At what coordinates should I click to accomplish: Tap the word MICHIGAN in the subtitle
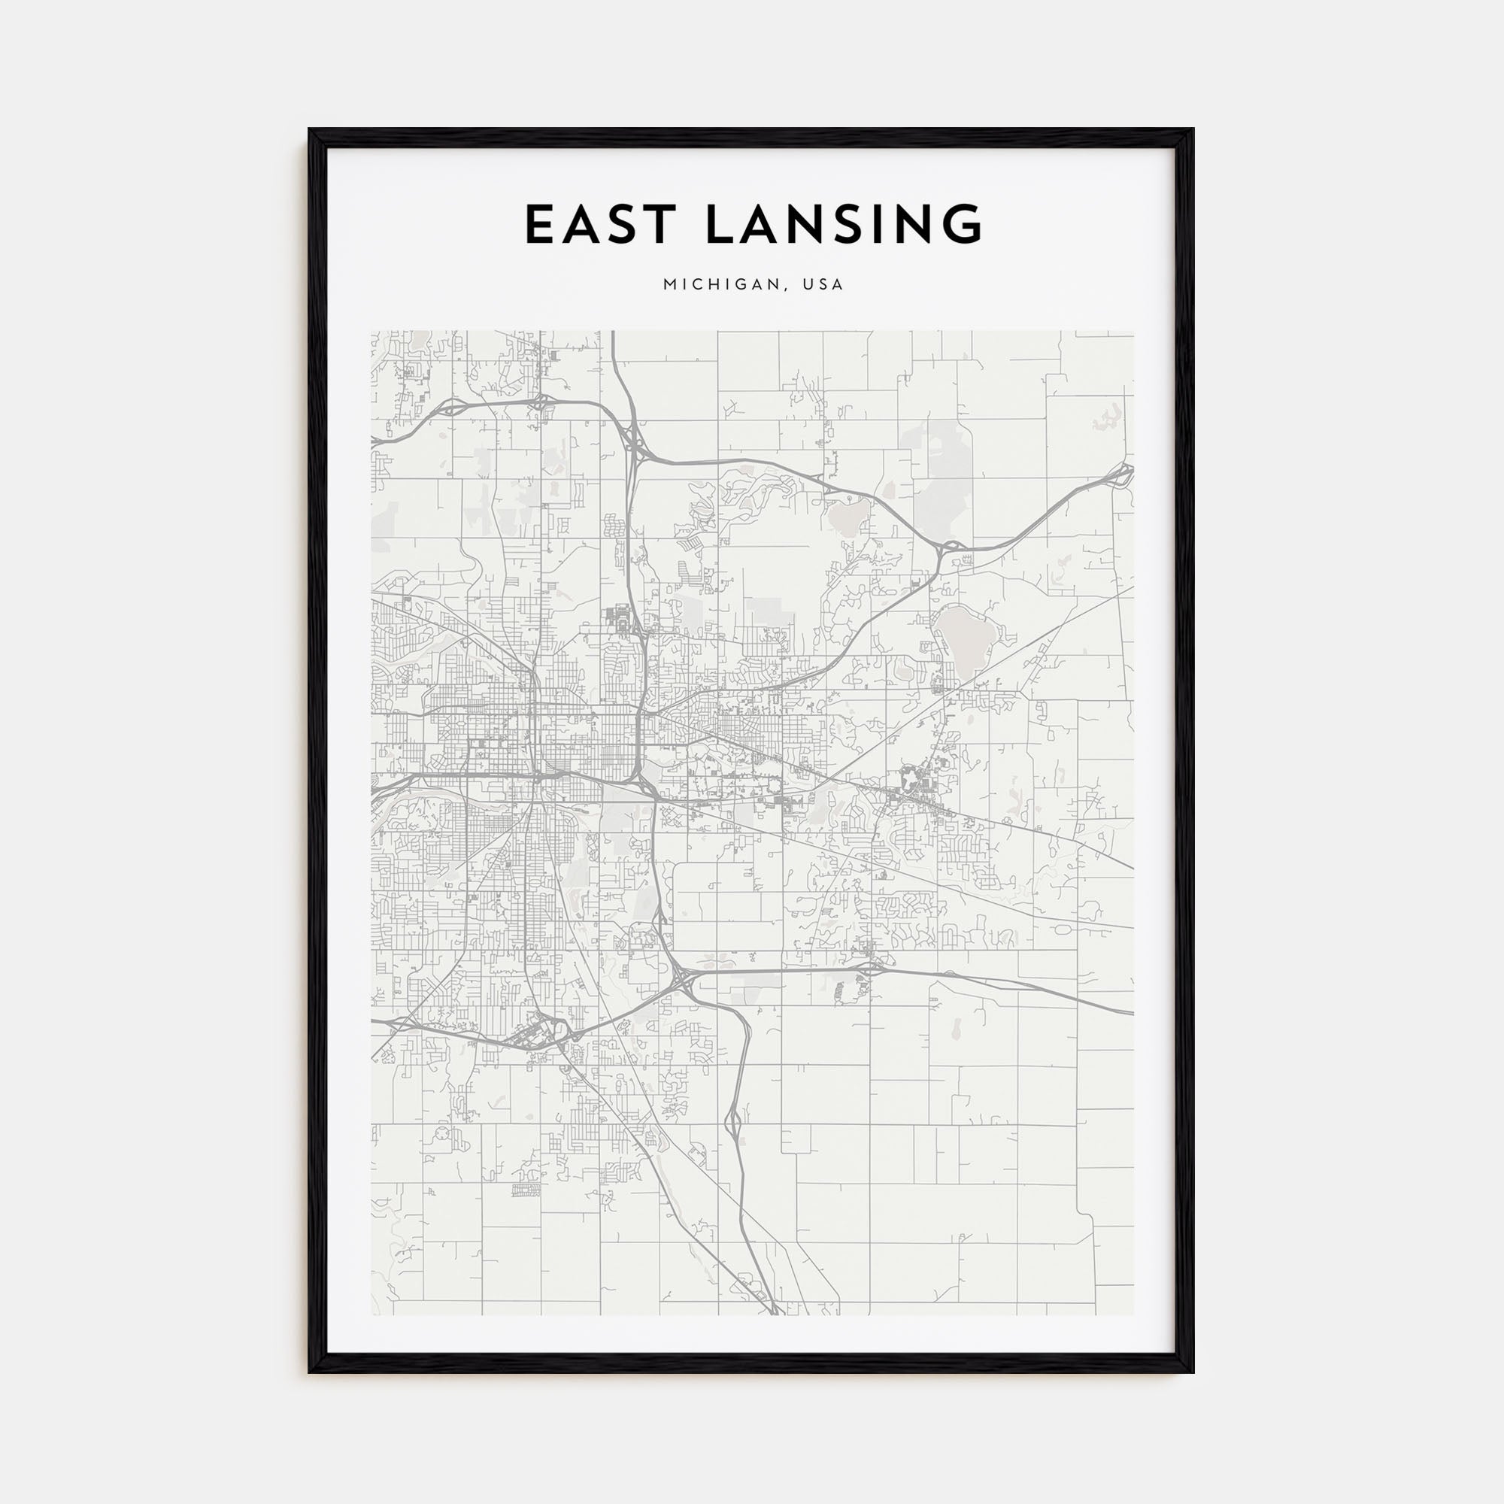(x=717, y=285)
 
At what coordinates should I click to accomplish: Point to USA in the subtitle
(x=824, y=285)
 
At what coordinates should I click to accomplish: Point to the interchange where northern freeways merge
(x=635, y=449)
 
